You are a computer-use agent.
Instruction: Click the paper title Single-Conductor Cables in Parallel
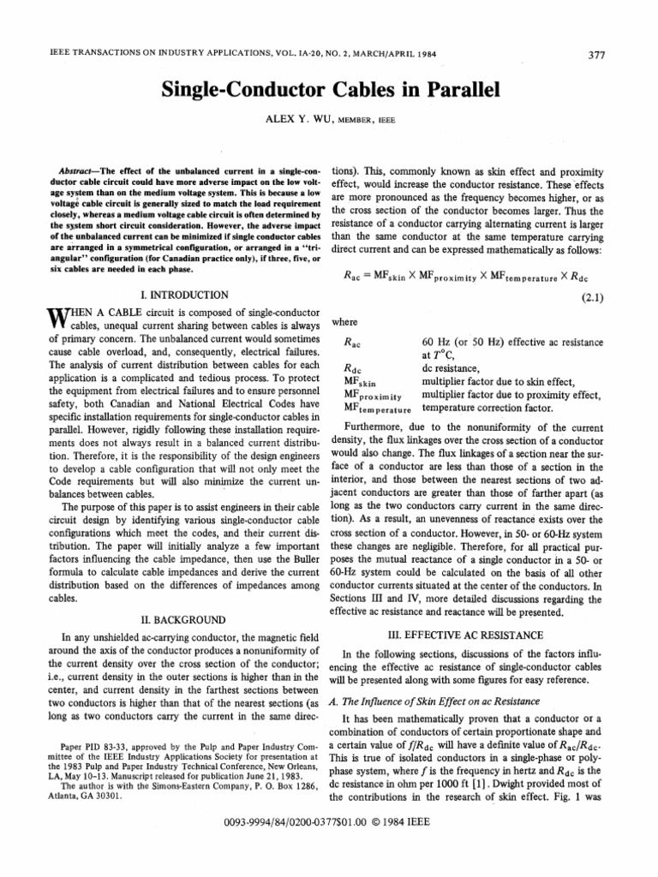coord(329,90)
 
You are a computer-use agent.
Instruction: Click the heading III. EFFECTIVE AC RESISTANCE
coord(477,635)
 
